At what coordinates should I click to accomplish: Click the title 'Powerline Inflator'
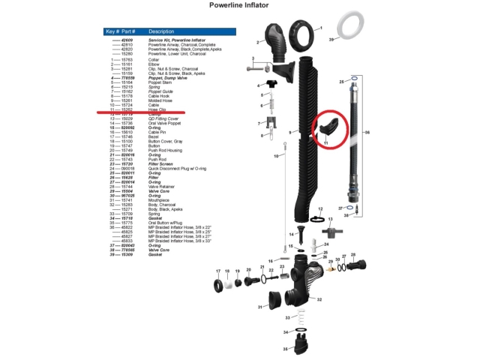tap(239, 5)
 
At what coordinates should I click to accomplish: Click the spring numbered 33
tap(297, 318)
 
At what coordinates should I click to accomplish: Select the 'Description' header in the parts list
tap(161, 32)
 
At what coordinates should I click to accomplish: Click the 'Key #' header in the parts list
tap(112, 32)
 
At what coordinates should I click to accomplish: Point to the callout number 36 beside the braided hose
tap(367, 132)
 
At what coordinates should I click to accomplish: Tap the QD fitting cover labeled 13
tap(319, 223)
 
